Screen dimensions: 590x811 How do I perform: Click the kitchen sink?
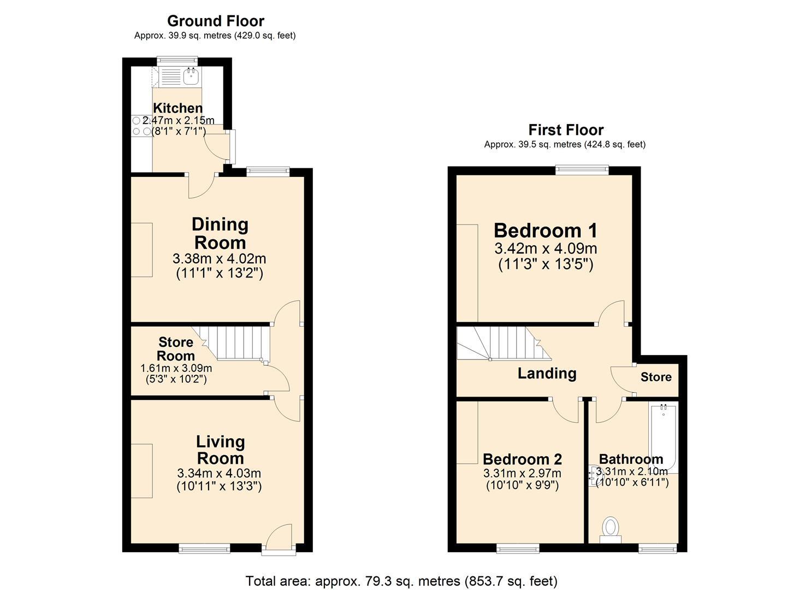tap(191, 77)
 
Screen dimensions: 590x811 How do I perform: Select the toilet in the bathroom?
tap(610, 529)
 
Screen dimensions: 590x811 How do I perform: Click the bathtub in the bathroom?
tap(663, 437)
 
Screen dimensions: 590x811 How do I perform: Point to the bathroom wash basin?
tap(594, 475)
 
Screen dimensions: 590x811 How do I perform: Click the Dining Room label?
tap(220, 233)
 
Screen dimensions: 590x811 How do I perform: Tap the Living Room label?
tap(220, 450)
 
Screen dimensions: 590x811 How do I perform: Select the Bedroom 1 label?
tap(545, 230)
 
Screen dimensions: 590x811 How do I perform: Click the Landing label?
tap(547, 374)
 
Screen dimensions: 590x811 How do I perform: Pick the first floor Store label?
tap(655, 377)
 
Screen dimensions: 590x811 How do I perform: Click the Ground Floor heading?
tap(215, 21)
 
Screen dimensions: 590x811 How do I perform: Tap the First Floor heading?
tap(565, 130)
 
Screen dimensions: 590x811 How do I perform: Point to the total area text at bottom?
tap(401, 581)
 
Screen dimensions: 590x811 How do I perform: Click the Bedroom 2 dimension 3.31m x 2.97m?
tap(522, 474)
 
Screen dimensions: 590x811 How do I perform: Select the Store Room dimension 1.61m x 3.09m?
tap(176, 369)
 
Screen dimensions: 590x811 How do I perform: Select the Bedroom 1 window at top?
tap(582, 170)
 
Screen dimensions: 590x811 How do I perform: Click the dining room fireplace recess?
tap(141, 250)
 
